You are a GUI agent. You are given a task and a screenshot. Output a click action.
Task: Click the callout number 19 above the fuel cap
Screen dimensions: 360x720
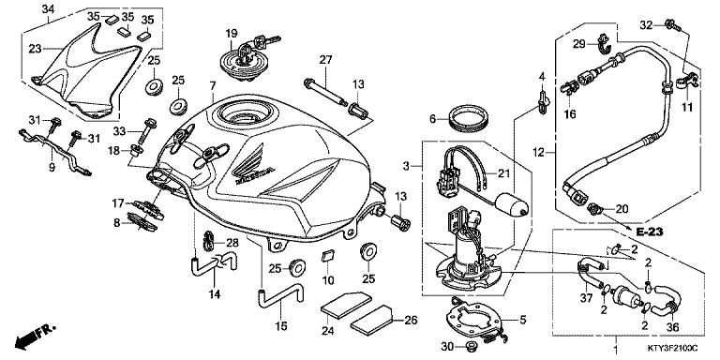tap(230, 34)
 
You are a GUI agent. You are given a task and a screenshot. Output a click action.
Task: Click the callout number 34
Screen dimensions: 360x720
tap(49, 9)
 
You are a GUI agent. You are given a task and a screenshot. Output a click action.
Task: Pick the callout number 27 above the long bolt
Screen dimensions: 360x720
tap(325, 60)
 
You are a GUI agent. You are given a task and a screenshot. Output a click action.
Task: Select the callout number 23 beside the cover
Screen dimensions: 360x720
tap(35, 49)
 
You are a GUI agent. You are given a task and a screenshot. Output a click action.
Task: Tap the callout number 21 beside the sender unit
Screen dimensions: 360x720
tap(502, 172)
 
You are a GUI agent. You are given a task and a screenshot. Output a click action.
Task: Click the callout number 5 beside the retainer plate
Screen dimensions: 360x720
tap(520, 319)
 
